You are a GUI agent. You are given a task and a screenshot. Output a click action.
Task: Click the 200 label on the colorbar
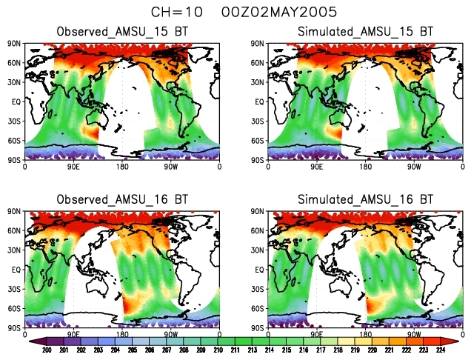47,350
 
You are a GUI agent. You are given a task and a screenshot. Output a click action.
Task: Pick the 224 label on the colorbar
441,350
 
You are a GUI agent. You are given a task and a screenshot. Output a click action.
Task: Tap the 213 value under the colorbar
251,350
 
